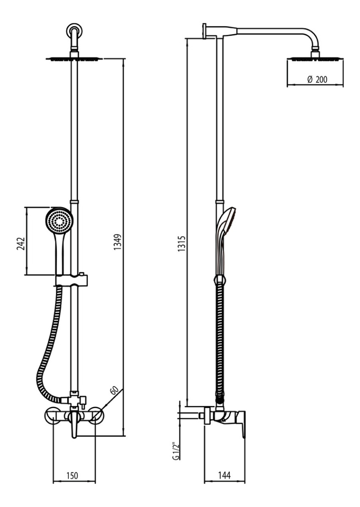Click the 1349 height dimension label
point(118,242)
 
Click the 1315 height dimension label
point(181,244)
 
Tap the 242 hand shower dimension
point(20,243)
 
